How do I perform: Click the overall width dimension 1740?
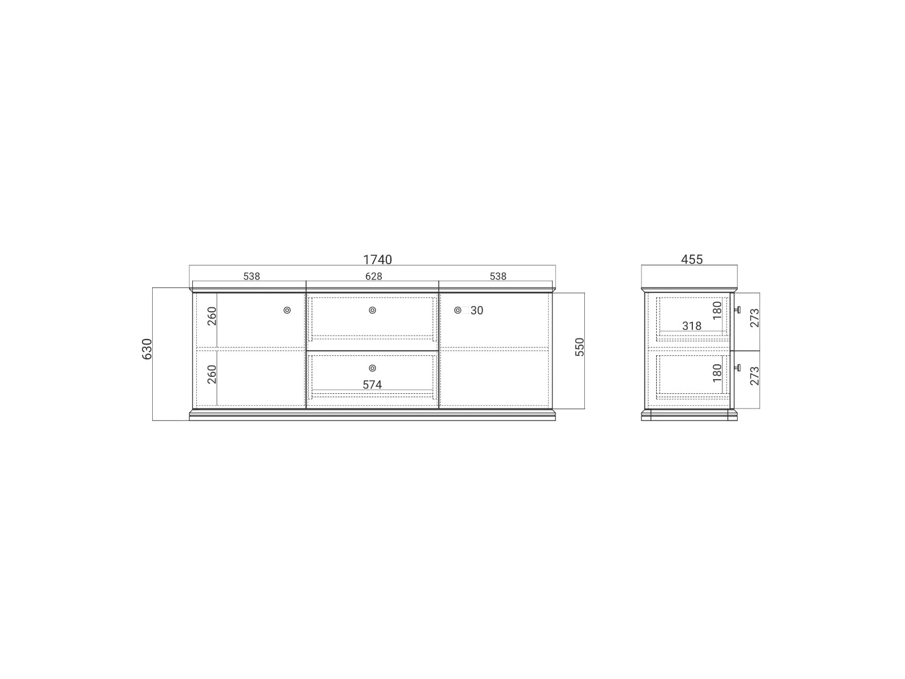377,259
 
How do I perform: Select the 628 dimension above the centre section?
373,276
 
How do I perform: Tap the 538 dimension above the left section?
252,276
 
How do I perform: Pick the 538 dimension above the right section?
498,276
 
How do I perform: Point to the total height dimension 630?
146,349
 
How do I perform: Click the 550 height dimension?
579,347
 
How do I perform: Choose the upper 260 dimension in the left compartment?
212,316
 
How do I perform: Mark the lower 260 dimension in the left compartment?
212,374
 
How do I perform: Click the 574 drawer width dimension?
372,385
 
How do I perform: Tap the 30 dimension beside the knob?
477,311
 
